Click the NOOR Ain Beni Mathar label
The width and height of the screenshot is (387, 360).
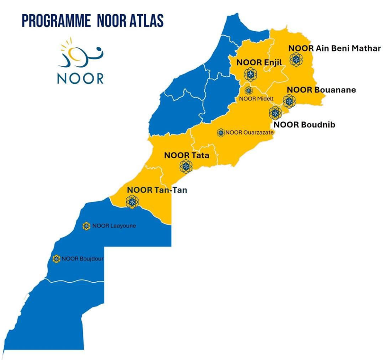[334, 48]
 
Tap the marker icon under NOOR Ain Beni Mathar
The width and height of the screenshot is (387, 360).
[297, 59]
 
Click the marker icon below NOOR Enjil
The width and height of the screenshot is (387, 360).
[249, 74]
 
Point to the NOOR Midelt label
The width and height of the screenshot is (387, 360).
[254, 99]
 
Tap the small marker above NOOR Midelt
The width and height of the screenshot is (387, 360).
[249, 90]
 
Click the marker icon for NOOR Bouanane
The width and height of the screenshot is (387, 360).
[288, 100]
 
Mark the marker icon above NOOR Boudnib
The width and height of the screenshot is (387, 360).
[274, 112]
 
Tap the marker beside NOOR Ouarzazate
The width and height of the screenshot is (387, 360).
[220, 133]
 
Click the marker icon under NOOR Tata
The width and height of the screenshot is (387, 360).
[185, 166]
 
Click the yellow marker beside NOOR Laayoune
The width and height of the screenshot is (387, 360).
[86, 226]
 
